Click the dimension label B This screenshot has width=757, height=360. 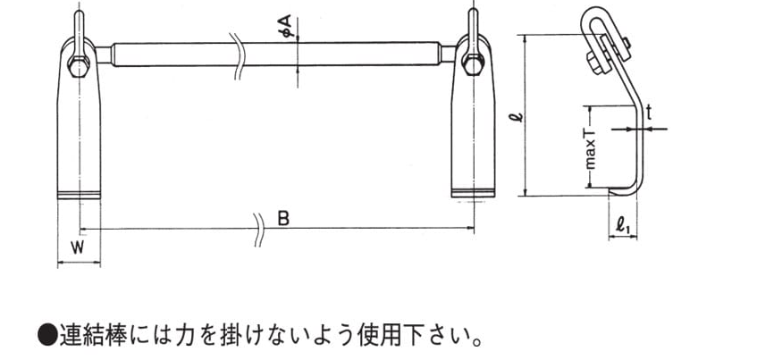pyautogui.click(x=284, y=219)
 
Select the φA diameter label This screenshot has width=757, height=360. pyautogui.click(x=286, y=27)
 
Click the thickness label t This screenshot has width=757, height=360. pyautogui.click(x=650, y=113)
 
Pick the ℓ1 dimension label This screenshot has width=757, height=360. pyautogui.click(x=623, y=225)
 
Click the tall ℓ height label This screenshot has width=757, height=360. pyautogui.click(x=518, y=116)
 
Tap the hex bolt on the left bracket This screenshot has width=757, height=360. pyautogui.click(x=79, y=66)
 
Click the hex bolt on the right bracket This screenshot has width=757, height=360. pyautogui.click(x=473, y=64)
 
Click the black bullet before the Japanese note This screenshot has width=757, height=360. pyautogui.click(x=47, y=335)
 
